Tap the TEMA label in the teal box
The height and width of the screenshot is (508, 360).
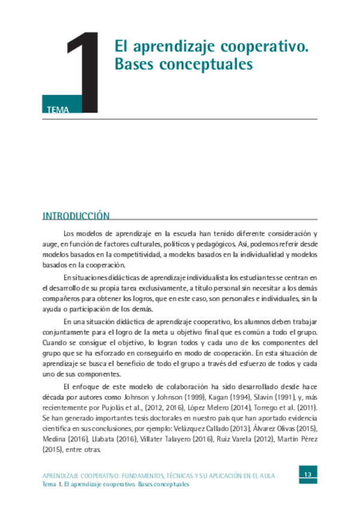57,110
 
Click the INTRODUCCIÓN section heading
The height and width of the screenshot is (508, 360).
76,216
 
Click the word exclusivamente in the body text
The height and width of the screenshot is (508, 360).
150,288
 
